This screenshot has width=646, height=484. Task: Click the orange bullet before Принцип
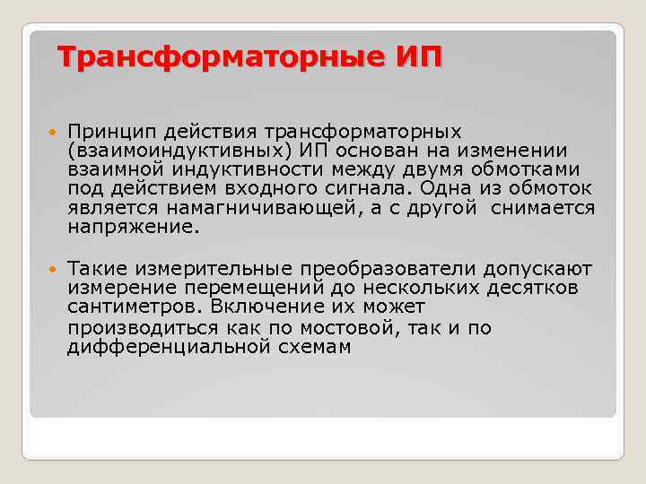click(x=48, y=133)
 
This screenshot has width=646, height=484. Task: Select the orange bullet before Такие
click(x=48, y=269)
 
